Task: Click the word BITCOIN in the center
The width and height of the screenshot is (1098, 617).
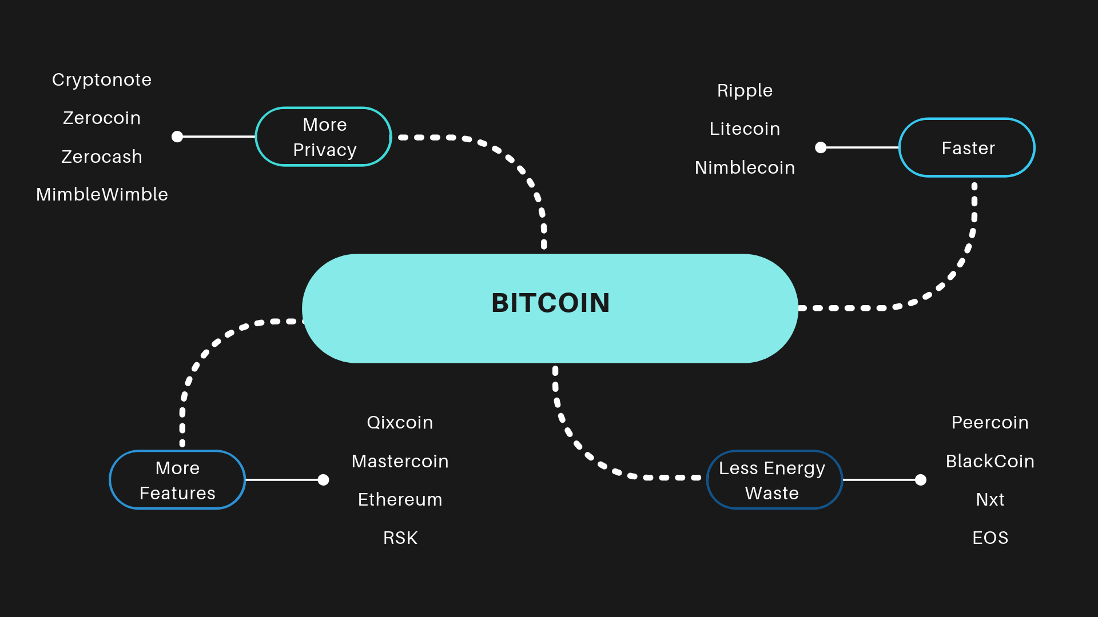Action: point(550,303)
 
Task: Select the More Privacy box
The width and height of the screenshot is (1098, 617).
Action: point(324,137)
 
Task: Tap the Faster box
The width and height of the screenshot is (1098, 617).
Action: point(967,148)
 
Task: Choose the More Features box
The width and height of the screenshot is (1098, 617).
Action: point(177,480)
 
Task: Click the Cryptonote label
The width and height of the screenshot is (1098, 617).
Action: point(102,80)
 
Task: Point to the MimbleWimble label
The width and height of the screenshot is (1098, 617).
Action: point(102,194)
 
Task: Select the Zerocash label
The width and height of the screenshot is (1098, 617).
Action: point(102,157)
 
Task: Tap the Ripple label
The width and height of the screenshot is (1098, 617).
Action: point(745,91)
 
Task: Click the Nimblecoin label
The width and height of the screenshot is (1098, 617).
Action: point(745,167)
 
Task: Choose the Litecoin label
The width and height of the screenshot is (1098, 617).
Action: point(745,129)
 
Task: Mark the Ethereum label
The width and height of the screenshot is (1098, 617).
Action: point(400,499)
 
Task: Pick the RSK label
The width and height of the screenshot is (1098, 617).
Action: point(400,538)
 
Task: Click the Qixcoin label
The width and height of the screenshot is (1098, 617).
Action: point(400,423)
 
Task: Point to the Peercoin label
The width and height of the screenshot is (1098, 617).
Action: point(990,423)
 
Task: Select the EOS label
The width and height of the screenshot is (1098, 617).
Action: point(990,538)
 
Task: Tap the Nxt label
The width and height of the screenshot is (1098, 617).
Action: point(990,499)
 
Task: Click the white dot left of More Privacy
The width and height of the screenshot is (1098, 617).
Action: point(177,137)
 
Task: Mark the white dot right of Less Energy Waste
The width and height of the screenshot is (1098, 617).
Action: point(921,480)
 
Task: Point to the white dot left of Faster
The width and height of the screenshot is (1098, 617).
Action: point(821,147)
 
